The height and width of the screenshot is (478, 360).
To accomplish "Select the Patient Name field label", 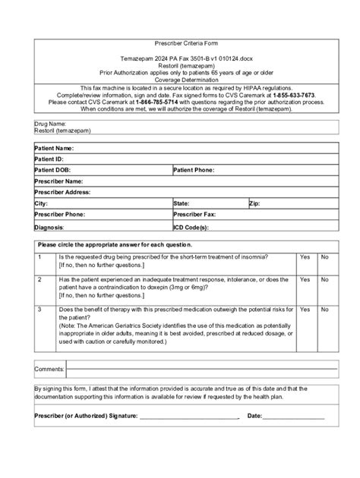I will (54, 148).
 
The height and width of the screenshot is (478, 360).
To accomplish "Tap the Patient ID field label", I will (49, 159).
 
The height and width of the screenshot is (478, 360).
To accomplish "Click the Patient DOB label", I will (52, 171).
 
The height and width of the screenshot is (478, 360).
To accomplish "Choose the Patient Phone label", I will (194, 171).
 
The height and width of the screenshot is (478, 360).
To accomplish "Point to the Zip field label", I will (254, 204).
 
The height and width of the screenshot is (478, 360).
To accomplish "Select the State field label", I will (182, 204).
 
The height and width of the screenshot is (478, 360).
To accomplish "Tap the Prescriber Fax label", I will (195, 215).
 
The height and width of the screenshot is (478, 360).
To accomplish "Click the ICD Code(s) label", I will (192, 227).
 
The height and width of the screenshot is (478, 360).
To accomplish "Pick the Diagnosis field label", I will (49, 227).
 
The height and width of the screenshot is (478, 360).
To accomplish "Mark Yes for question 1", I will (305, 257).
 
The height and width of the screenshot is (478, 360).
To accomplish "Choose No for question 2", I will (325, 280).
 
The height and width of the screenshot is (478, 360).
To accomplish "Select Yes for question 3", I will (305, 310).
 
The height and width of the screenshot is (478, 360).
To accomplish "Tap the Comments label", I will (49, 369).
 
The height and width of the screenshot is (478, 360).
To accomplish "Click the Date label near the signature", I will (254, 416).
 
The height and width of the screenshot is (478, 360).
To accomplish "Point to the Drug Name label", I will (50, 123).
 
